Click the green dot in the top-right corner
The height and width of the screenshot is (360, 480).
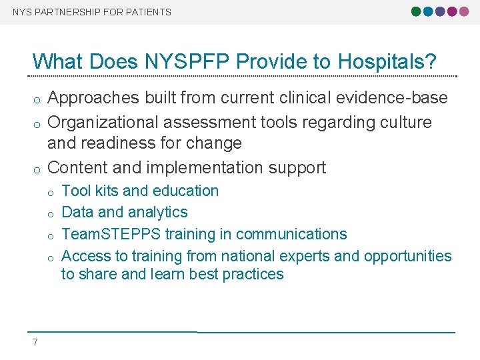click(x=417, y=11)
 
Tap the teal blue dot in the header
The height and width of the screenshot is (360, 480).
click(x=428, y=11)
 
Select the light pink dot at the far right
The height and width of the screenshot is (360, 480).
click(x=464, y=11)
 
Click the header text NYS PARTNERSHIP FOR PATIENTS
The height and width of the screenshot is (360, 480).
click(x=92, y=12)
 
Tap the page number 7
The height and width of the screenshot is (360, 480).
click(x=35, y=343)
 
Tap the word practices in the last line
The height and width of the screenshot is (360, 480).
click(x=251, y=274)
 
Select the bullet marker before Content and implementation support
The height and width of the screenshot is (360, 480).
click(x=37, y=169)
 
